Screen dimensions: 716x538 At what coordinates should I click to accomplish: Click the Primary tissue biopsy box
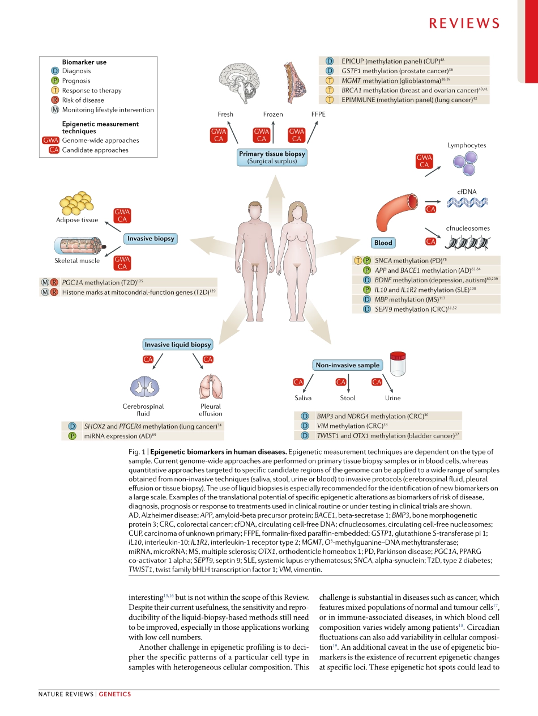point(272,157)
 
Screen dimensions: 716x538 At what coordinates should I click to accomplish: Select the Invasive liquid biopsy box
point(178,345)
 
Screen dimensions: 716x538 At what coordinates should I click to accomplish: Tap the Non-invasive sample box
point(347,365)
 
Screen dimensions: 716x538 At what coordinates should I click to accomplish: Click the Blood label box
point(383,243)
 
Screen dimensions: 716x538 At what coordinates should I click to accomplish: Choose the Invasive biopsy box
point(151,239)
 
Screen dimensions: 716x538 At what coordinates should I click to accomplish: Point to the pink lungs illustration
point(211,387)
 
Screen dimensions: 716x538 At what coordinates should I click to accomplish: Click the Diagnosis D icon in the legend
point(55,71)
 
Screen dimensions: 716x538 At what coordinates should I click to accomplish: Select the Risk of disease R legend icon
point(55,100)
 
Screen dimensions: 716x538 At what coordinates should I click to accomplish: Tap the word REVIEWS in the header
point(464,23)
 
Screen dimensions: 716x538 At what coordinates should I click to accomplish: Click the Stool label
point(348,398)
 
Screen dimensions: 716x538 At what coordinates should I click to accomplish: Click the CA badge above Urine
point(377,382)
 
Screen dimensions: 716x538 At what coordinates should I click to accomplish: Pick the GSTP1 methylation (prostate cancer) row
point(404,71)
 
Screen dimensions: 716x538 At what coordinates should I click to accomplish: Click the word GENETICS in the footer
point(115,694)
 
